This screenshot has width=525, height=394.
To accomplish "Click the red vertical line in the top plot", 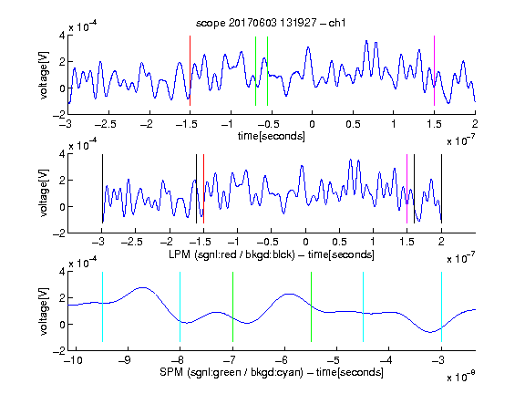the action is pos(190,70).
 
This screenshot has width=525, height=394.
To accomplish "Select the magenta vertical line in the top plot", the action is pos(434,70).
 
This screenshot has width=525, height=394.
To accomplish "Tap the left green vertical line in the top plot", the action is pos(255,71).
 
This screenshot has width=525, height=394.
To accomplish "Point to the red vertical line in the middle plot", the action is pos(203,189).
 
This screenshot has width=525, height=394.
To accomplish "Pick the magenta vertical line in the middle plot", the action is pos(407,189).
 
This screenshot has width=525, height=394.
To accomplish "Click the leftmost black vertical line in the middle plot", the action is pos(102,189).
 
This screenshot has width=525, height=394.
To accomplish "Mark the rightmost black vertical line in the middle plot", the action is pos(441,189).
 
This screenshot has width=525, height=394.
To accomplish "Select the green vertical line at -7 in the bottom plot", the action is pos(232,306).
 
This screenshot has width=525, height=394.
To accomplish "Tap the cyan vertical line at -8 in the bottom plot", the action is pos(180,306).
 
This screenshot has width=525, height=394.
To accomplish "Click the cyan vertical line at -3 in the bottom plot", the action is pos(441,306).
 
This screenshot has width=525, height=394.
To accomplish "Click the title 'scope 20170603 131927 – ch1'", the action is pos(271,23).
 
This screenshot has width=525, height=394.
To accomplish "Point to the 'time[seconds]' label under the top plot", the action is pos(272,136).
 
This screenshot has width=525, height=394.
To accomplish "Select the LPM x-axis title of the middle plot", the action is pos(272,254).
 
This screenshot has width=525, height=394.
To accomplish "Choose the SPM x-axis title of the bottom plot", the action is pos(272,372).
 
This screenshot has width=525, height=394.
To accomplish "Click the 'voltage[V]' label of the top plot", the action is pos(44,75).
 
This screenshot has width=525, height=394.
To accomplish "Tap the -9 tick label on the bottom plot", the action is pos(125,360).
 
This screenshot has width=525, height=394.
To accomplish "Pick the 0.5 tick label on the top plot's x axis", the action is pos(353,124).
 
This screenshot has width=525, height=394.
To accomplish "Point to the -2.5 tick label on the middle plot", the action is pos(132,242).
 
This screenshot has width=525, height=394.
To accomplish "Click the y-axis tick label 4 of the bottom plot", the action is pos(62,272).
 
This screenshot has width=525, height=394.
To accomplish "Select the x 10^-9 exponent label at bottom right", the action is pos(461,376).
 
